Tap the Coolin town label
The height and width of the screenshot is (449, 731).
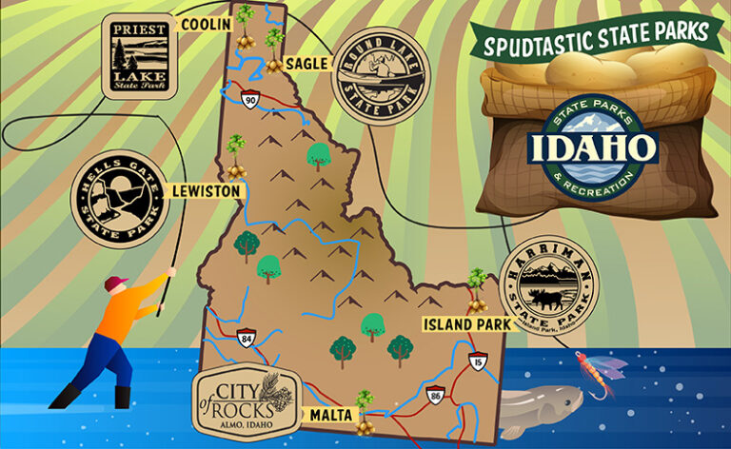point(205,24)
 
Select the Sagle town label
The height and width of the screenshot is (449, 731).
point(306,64)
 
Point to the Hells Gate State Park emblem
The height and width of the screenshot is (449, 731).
point(118,199)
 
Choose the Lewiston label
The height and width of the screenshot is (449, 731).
point(206,191)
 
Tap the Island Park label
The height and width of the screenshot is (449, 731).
point(462,324)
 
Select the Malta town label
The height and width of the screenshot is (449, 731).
point(330,415)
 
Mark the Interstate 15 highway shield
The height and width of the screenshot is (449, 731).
point(476,362)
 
